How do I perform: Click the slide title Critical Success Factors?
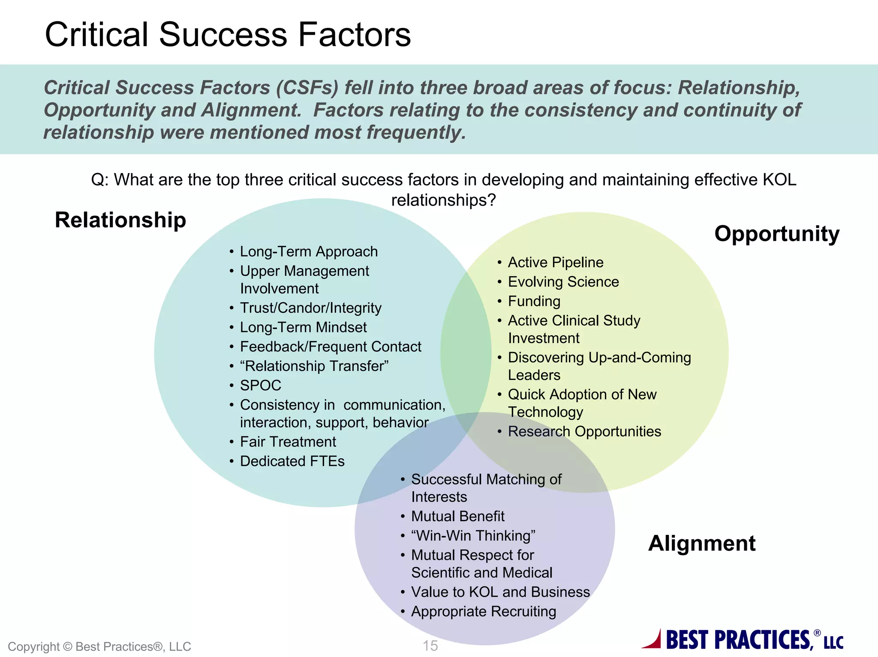click(x=228, y=34)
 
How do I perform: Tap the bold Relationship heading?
click(x=120, y=220)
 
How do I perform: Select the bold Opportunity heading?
click(x=776, y=234)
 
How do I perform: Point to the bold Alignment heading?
click(x=701, y=544)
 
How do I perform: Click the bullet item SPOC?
click(x=260, y=385)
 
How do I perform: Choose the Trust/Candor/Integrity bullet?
click(x=310, y=308)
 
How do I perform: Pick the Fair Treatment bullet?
click(x=288, y=442)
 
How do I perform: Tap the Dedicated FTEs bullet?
click(x=292, y=461)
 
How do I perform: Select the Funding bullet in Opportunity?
click(x=534, y=302)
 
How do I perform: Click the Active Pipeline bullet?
click(x=555, y=263)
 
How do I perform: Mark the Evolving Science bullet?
click(x=563, y=282)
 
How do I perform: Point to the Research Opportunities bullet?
click(x=584, y=431)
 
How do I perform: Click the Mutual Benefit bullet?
click(x=457, y=517)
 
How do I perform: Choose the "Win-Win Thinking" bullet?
click(x=473, y=536)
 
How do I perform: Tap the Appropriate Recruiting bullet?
click(x=483, y=612)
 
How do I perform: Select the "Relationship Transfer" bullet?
click(x=314, y=366)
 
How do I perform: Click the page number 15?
click(x=430, y=645)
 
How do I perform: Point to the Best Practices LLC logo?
click(x=743, y=640)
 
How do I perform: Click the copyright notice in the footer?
click(x=99, y=646)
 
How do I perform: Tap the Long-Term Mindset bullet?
click(x=303, y=328)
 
